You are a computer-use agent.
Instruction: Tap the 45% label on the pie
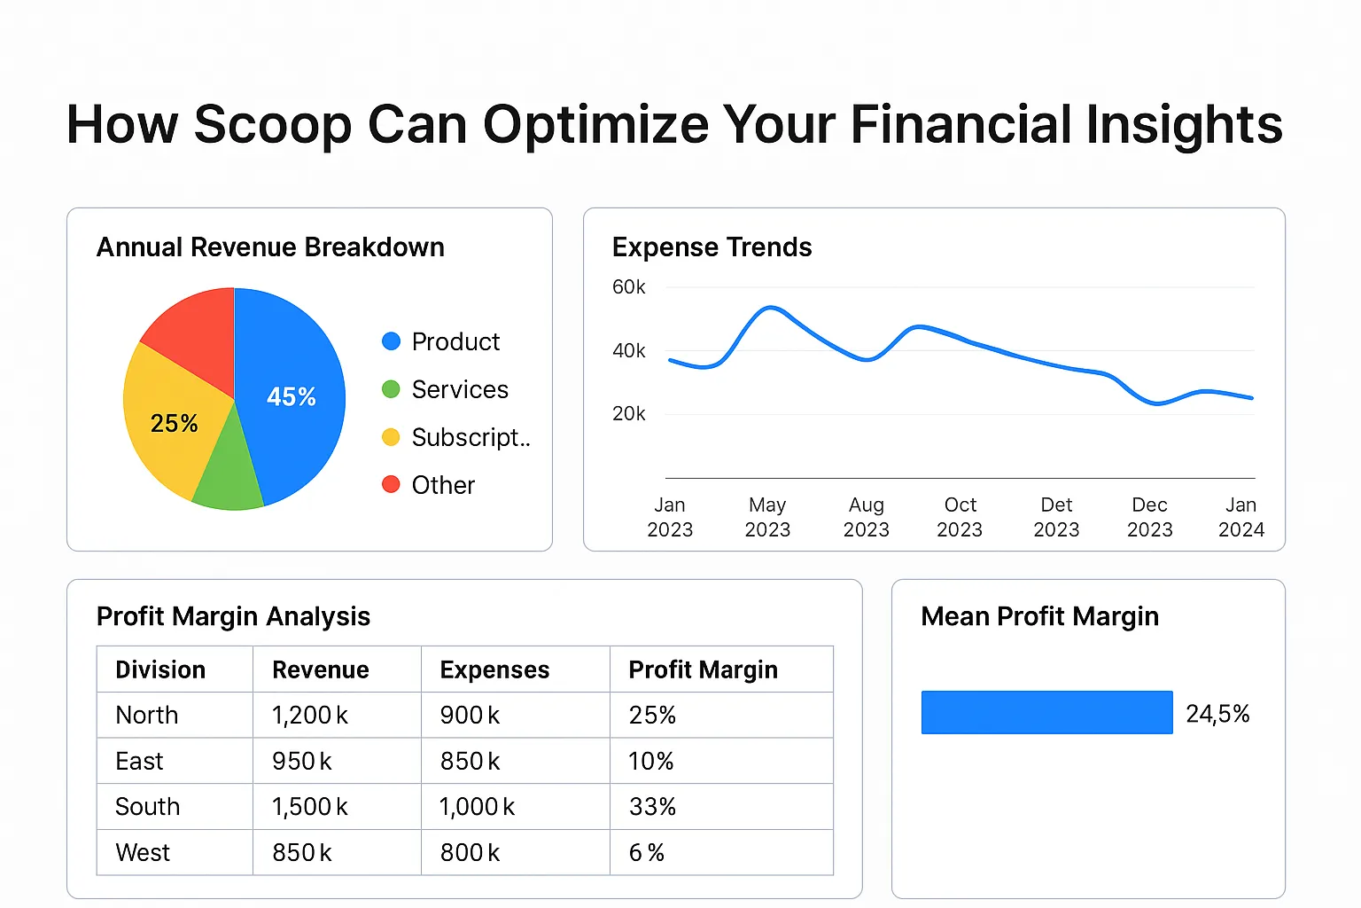(x=292, y=396)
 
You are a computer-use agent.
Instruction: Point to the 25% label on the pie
(x=174, y=423)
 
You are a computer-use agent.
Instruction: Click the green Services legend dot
(x=391, y=389)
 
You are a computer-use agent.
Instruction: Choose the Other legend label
(x=443, y=485)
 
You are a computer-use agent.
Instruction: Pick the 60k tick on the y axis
(x=628, y=287)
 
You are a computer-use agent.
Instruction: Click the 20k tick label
(x=628, y=414)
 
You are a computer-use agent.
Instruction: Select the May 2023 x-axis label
(x=767, y=517)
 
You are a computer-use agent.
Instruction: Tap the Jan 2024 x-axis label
(x=1240, y=517)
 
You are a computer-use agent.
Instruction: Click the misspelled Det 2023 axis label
(x=1056, y=517)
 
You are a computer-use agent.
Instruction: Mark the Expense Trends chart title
(x=712, y=247)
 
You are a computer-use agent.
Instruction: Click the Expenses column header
(x=494, y=669)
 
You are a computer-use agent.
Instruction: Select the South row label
(x=147, y=807)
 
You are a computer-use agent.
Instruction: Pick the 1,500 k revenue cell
(x=310, y=807)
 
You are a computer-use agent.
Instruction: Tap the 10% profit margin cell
(x=651, y=762)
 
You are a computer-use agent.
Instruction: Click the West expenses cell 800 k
(x=470, y=853)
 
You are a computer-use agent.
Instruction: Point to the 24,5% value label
(x=1217, y=714)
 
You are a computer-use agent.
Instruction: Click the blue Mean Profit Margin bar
(x=1046, y=712)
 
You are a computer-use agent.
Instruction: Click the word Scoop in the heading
(x=272, y=124)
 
